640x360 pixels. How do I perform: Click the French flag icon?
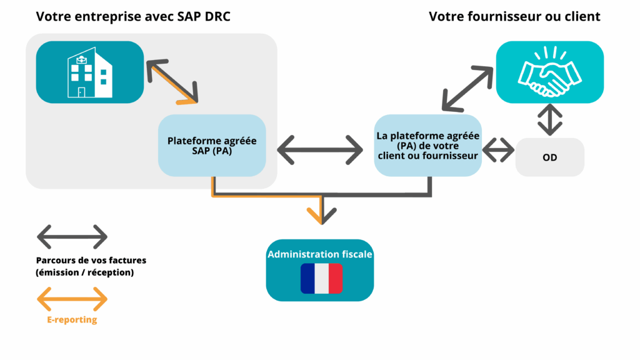click(x=321, y=279)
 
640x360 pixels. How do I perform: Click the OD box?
click(x=550, y=157)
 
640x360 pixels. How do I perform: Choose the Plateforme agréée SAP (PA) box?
click(x=212, y=146)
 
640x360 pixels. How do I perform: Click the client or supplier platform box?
click(x=428, y=145)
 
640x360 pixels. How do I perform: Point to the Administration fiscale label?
click(x=320, y=254)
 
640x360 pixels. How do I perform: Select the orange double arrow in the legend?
click(x=72, y=299)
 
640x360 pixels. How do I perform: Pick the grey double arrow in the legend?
click(x=72, y=237)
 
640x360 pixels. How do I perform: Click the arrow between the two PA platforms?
click(x=320, y=151)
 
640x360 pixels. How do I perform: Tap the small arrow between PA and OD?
click(x=498, y=150)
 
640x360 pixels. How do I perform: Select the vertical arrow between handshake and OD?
click(x=550, y=120)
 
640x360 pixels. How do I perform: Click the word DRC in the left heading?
click(x=217, y=17)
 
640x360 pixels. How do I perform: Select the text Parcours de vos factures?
click(x=91, y=260)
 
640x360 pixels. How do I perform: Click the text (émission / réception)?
click(x=85, y=272)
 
